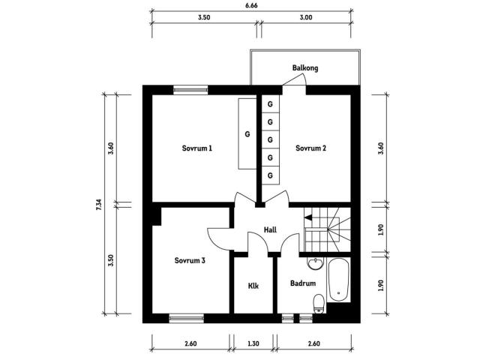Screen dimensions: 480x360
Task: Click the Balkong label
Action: [x=305, y=68]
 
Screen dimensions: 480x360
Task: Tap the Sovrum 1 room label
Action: [x=196, y=148]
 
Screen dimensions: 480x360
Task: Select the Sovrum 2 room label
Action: [x=310, y=148]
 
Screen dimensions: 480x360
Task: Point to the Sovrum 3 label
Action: [x=190, y=260]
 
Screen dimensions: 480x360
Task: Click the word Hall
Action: [x=270, y=229]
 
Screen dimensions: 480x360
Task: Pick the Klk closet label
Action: [x=253, y=286]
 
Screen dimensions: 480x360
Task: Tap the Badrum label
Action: [x=303, y=283]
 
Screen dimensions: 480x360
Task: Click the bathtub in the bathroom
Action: [x=338, y=280]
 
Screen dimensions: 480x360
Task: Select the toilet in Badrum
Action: [x=319, y=304]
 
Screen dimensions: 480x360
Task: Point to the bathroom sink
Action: [x=315, y=263]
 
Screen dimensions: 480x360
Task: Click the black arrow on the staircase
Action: [x=308, y=217]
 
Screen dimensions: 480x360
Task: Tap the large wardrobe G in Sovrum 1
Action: [x=247, y=133]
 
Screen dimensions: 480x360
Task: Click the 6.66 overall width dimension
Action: [x=251, y=5]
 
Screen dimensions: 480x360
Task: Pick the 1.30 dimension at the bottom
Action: [x=253, y=343]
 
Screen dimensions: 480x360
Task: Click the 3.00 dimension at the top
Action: [x=306, y=17]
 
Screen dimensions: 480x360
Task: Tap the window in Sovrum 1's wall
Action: [x=190, y=90]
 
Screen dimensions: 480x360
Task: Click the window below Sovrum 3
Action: [x=187, y=319]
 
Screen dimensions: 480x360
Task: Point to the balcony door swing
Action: [x=295, y=80]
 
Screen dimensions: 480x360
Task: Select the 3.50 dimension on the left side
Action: [x=111, y=260]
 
